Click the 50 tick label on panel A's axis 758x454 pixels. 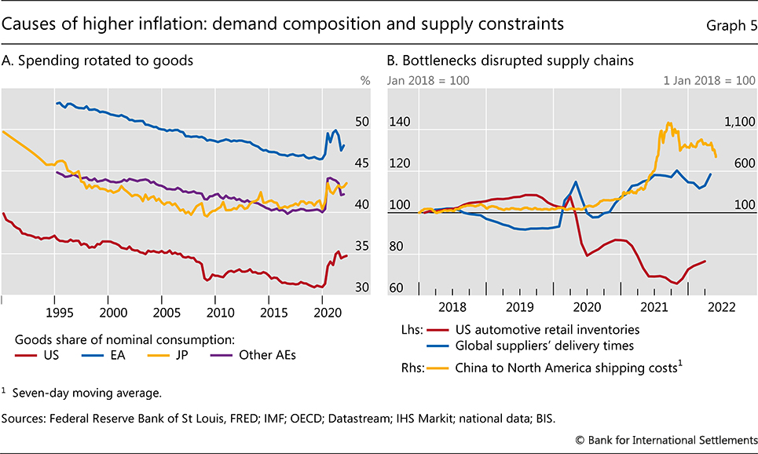point(361,123)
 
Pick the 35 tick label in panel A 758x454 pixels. point(361,246)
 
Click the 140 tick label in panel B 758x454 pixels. point(401,123)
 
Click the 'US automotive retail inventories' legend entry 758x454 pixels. point(536,329)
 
